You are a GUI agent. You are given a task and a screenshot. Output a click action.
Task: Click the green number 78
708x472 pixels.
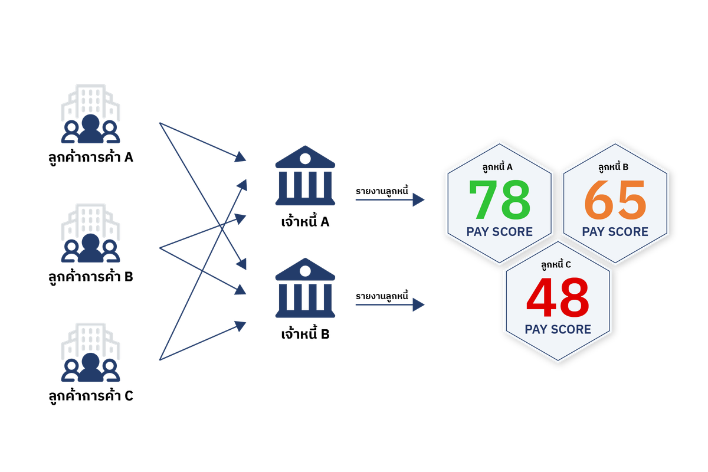pos(499,199)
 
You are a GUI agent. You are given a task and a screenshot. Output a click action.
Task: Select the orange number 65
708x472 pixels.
pos(615,199)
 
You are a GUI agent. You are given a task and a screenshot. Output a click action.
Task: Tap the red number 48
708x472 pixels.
pos(558,297)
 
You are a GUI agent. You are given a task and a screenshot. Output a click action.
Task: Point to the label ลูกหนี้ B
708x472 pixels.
pos(613,167)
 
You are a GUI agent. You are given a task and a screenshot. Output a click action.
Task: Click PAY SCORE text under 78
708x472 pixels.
pos(499,232)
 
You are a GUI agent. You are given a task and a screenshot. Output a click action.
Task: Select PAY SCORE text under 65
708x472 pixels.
pos(615,232)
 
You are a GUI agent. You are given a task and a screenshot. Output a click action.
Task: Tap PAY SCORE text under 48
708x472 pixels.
pos(558,329)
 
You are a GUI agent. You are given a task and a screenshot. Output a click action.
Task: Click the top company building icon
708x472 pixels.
pos(90,114)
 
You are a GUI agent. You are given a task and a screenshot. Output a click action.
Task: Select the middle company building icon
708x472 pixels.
pos(90,232)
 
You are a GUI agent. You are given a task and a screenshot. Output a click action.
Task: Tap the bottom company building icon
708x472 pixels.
pos(90,352)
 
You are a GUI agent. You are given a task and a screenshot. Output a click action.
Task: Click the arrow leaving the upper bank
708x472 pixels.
pos(389,200)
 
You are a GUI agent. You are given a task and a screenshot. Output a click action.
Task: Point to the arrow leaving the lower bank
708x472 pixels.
pos(389,305)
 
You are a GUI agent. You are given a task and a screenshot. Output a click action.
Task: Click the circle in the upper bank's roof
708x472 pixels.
pos(305,158)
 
